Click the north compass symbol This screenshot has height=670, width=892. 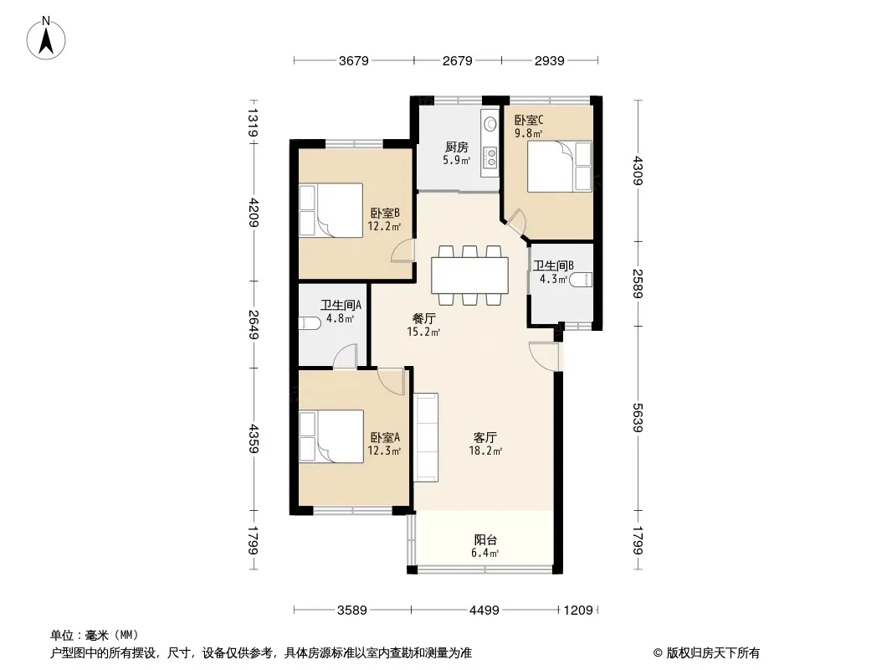tap(46, 39)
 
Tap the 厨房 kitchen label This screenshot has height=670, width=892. tap(457, 147)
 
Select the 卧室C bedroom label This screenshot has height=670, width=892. tap(529, 120)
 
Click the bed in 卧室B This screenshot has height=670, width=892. tap(331, 209)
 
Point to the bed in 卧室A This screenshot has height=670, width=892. tap(331, 436)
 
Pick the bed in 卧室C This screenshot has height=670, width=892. tap(560, 166)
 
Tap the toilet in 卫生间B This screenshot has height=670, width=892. tap(581, 280)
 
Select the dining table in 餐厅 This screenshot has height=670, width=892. tap(470, 276)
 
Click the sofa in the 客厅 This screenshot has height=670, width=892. tap(426, 437)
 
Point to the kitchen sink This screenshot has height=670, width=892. tap(490, 123)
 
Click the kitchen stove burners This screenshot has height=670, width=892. tap(490, 157)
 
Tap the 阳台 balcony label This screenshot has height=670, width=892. tap(485, 539)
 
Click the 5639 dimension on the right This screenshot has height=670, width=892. tap(637, 418)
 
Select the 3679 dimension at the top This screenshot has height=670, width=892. tap(354, 60)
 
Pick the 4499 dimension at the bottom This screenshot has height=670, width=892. tap(484, 611)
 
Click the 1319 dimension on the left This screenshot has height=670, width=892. tap(254, 123)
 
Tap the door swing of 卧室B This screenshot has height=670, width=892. tap(402, 250)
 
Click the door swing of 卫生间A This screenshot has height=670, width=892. tap(345, 356)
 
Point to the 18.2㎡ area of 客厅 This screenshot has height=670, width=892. tap(485, 451)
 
